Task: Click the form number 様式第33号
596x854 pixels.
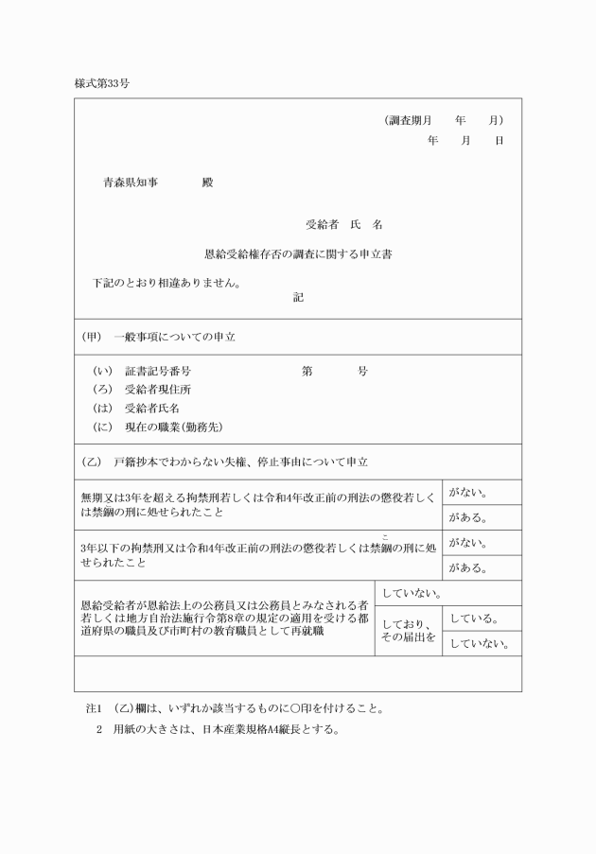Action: click(102, 83)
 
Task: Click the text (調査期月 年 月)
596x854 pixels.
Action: click(443, 121)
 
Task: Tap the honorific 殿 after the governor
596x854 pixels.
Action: click(207, 183)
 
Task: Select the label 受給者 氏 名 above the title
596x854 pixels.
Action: click(343, 225)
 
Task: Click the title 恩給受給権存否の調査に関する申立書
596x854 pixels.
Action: click(298, 253)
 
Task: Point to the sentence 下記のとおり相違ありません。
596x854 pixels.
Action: click(167, 282)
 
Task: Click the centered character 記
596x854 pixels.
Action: click(298, 297)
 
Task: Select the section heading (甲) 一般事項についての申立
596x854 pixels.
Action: click(161, 337)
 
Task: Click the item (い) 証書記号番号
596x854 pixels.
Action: click(143, 372)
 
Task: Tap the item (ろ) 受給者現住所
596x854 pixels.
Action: click(143, 390)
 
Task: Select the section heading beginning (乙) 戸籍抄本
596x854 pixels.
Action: click(226, 462)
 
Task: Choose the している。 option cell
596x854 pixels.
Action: click(473, 619)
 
